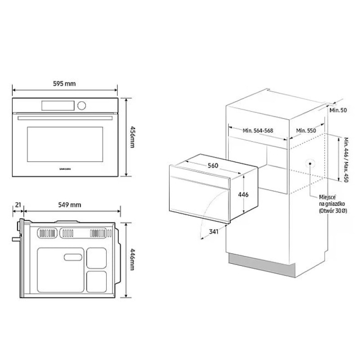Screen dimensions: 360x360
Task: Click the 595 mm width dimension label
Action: (x=64, y=84)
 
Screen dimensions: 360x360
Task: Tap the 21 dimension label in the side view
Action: (x=18, y=205)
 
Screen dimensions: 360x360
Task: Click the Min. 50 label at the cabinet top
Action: (x=337, y=110)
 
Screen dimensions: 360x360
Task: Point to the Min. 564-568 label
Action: (x=258, y=130)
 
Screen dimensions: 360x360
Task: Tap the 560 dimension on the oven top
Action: (x=213, y=166)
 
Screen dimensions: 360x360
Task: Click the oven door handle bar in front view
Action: (x=64, y=118)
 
